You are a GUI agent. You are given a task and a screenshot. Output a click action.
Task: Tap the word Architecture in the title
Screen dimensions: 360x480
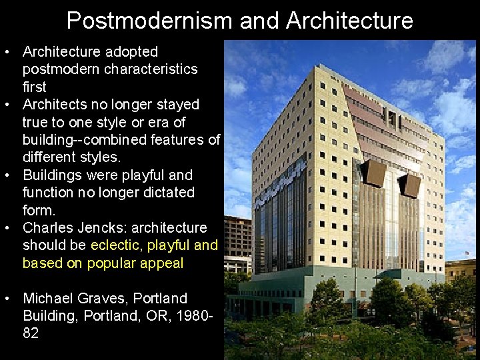click(349, 21)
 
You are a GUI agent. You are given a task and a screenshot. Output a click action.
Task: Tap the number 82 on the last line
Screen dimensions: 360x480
click(31, 333)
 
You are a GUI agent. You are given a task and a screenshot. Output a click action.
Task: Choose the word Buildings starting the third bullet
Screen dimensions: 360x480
click(51, 175)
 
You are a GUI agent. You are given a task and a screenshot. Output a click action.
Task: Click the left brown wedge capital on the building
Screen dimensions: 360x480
click(373, 173)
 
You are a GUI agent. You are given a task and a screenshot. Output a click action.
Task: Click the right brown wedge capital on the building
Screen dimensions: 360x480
click(409, 185)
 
